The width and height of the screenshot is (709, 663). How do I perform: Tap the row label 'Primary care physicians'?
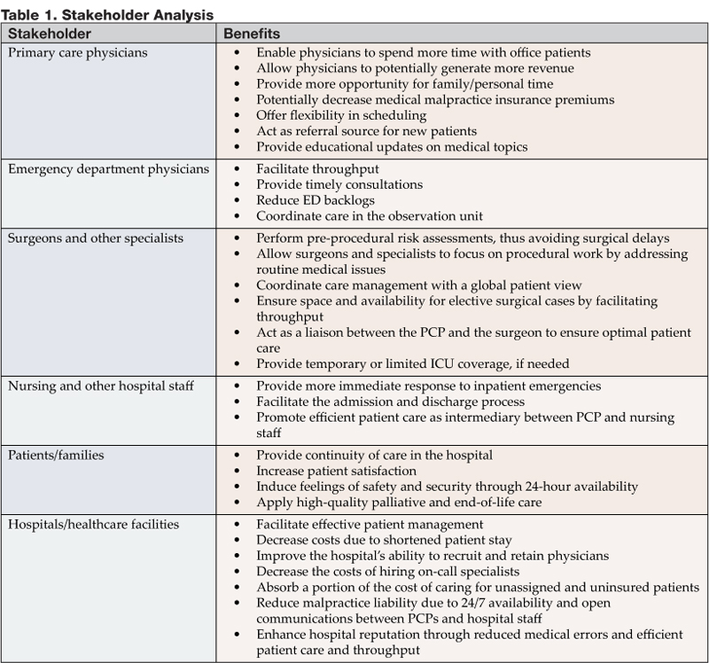point(78,52)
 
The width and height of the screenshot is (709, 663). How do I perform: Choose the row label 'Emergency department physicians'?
point(108,168)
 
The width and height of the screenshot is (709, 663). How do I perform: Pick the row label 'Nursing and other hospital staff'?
point(102,386)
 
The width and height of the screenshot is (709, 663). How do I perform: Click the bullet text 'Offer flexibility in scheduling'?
point(341,116)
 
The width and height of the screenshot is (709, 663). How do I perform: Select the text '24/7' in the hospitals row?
point(475,604)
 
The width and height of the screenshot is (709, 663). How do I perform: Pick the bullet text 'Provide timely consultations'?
point(339,184)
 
